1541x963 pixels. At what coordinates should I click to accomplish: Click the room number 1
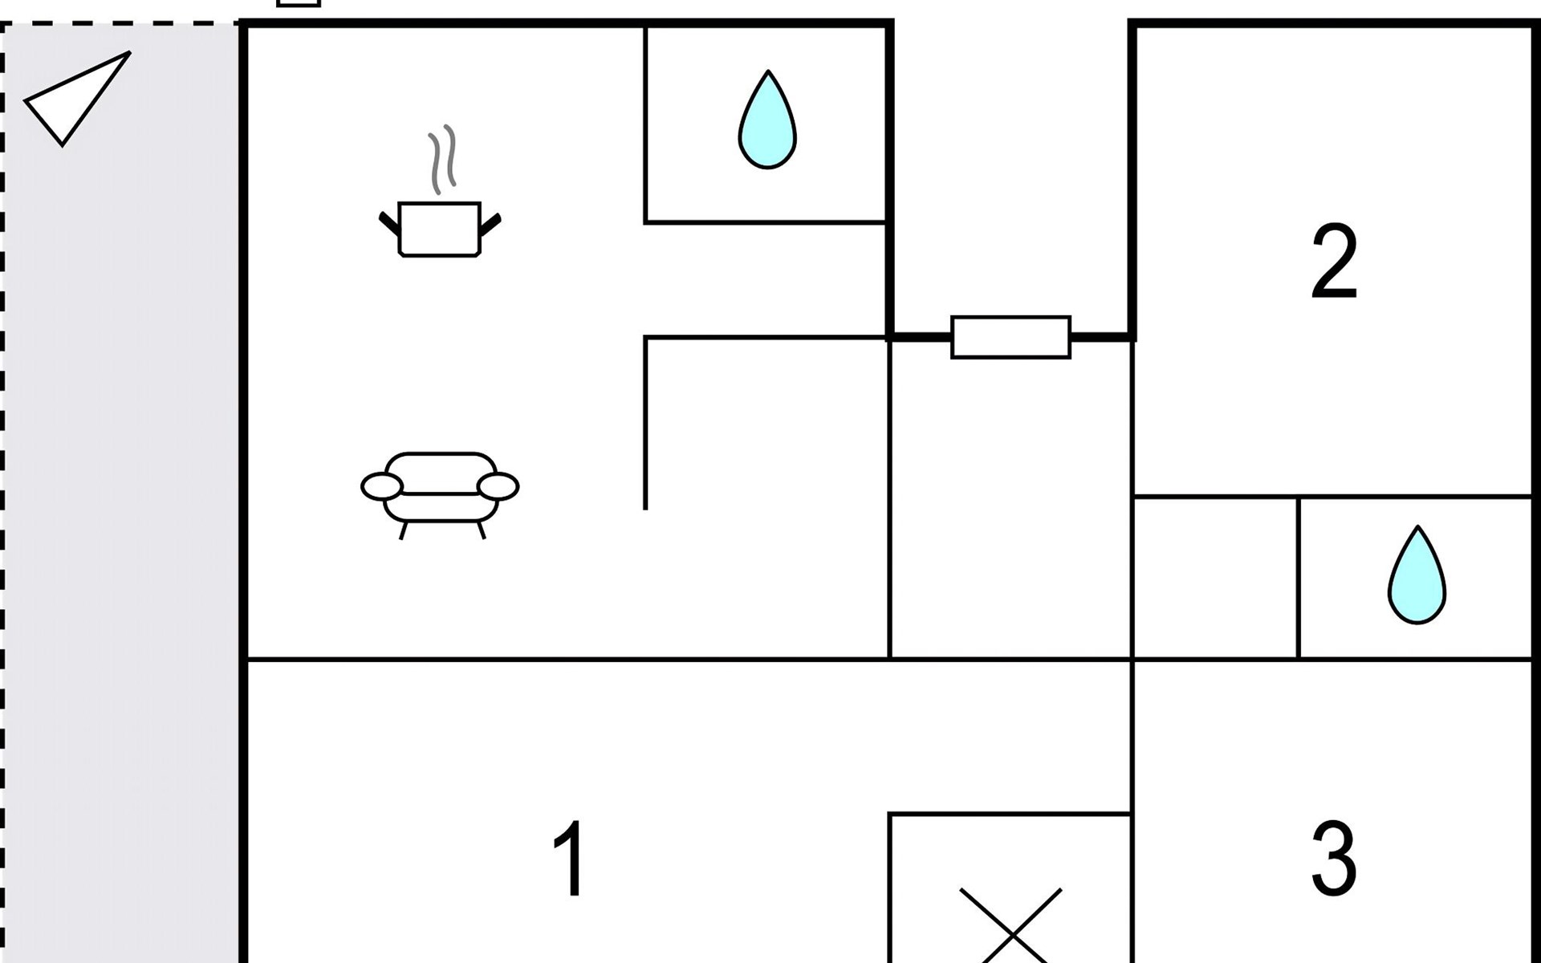[x=570, y=858]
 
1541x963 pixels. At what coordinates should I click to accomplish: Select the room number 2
[x=1334, y=262]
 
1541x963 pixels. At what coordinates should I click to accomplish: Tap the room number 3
[x=1334, y=858]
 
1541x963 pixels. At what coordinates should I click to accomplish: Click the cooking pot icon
[x=440, y=230]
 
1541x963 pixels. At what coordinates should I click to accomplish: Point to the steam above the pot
[x=442, y=160]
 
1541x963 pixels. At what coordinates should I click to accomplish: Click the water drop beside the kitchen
[x=767, y=120]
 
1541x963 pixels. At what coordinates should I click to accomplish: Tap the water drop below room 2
[x=1417, y=575]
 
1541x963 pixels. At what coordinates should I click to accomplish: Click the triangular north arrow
[x=78, y=99]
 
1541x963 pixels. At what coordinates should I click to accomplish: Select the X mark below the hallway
[x=1011, y=925]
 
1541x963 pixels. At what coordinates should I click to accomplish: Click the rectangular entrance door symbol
[x=1011, y=337]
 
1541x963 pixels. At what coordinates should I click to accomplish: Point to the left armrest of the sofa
[x=382, y=486]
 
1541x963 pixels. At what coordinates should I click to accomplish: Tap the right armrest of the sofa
[x=498, y=486]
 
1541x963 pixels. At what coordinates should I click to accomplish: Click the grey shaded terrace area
[x=120, y=494]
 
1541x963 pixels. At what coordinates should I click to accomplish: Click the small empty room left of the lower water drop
[x=1215, y=578]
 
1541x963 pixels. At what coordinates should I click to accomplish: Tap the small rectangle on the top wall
[x=299, y=2]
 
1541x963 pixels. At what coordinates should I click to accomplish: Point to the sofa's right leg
[x=482, y=530]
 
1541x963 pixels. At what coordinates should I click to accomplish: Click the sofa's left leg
[x=404, y=530]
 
